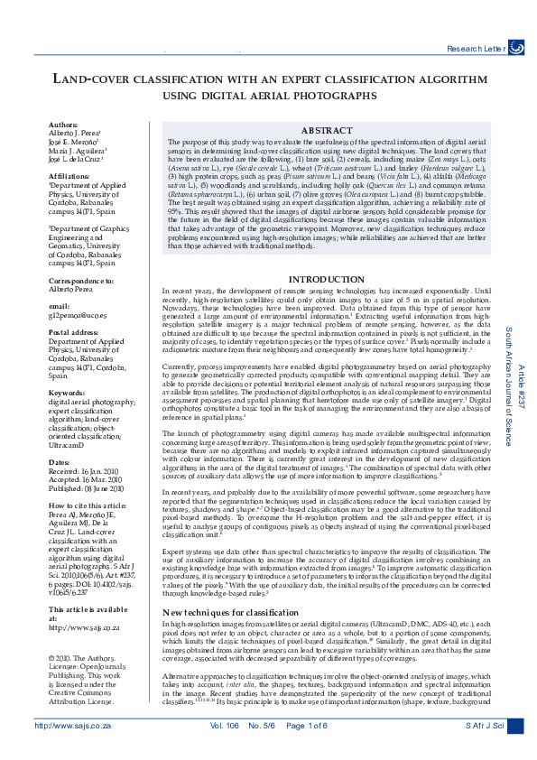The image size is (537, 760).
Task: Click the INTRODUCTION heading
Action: (327, 280)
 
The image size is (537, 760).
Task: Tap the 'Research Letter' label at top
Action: (476, 46)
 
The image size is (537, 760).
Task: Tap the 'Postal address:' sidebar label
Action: (74, 333)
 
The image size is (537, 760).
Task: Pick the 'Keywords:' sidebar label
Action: (67, 394)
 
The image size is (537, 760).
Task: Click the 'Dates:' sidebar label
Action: (60, 461)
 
